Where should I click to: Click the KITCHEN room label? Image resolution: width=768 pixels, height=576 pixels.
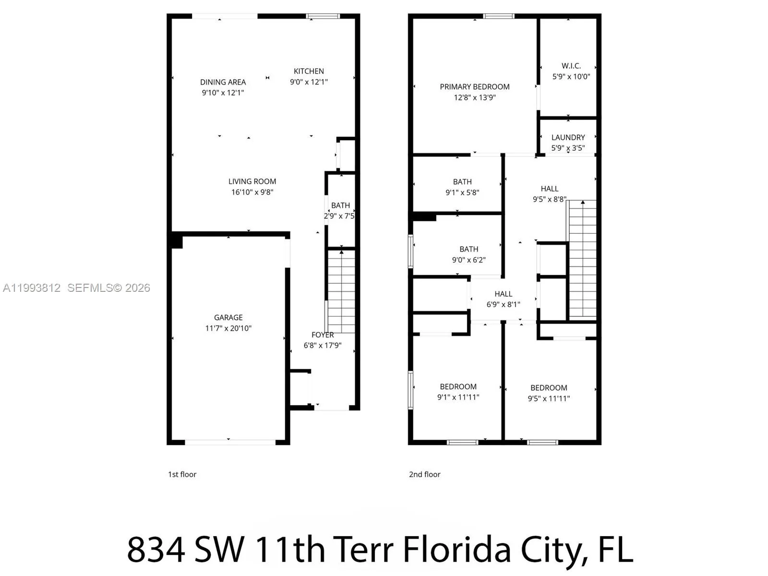pyautogui.click(x=309, y=71)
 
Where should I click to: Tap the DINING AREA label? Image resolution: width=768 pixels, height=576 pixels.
pyautogui.click(x=223, y=82)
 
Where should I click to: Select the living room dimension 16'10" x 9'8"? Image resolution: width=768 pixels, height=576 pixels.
pyautogui.click(x=252, y=192)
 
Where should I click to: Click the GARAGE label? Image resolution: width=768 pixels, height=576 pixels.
pyautogui.click(x=228, y=317)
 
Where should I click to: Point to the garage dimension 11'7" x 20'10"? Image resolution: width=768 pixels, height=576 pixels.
pyautogui.click(x=228, y=328)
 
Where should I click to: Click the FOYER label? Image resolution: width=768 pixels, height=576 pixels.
pyautogui.click(x=323, y=335)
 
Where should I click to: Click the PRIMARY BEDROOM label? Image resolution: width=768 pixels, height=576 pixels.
pyautogui.click(x=474, y=87)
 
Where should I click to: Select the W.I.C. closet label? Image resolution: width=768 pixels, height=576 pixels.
pyautogui.click(x=571, y=66)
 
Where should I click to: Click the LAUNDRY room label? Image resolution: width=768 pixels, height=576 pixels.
pyautogui.click(x=568, y=137)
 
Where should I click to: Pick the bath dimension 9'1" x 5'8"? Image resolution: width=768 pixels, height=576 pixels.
pyautogui.click(x=462, y=192)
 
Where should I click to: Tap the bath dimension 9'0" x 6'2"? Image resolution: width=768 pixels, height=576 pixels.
pyautogui.click(x=468, y=260)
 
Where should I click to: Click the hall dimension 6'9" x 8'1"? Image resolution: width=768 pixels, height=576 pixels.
pyautogui.click(x=503, y=304)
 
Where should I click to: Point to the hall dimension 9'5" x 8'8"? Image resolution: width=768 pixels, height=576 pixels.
pyautogui.click(x=549, y=199)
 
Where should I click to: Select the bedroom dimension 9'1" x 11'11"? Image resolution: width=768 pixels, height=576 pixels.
pyautogui.click(x=458, y=397)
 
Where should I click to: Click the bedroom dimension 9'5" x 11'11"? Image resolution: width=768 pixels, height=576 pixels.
pyautogui.click(x=549, y=398)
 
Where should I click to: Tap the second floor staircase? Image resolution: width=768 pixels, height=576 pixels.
pyautogui.click(x=582, y=259)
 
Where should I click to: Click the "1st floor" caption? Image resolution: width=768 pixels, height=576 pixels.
pyautogui.click(x=182, y=474)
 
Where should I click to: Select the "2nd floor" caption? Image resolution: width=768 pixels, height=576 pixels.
pyautogui.click(x=424, y=474)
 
